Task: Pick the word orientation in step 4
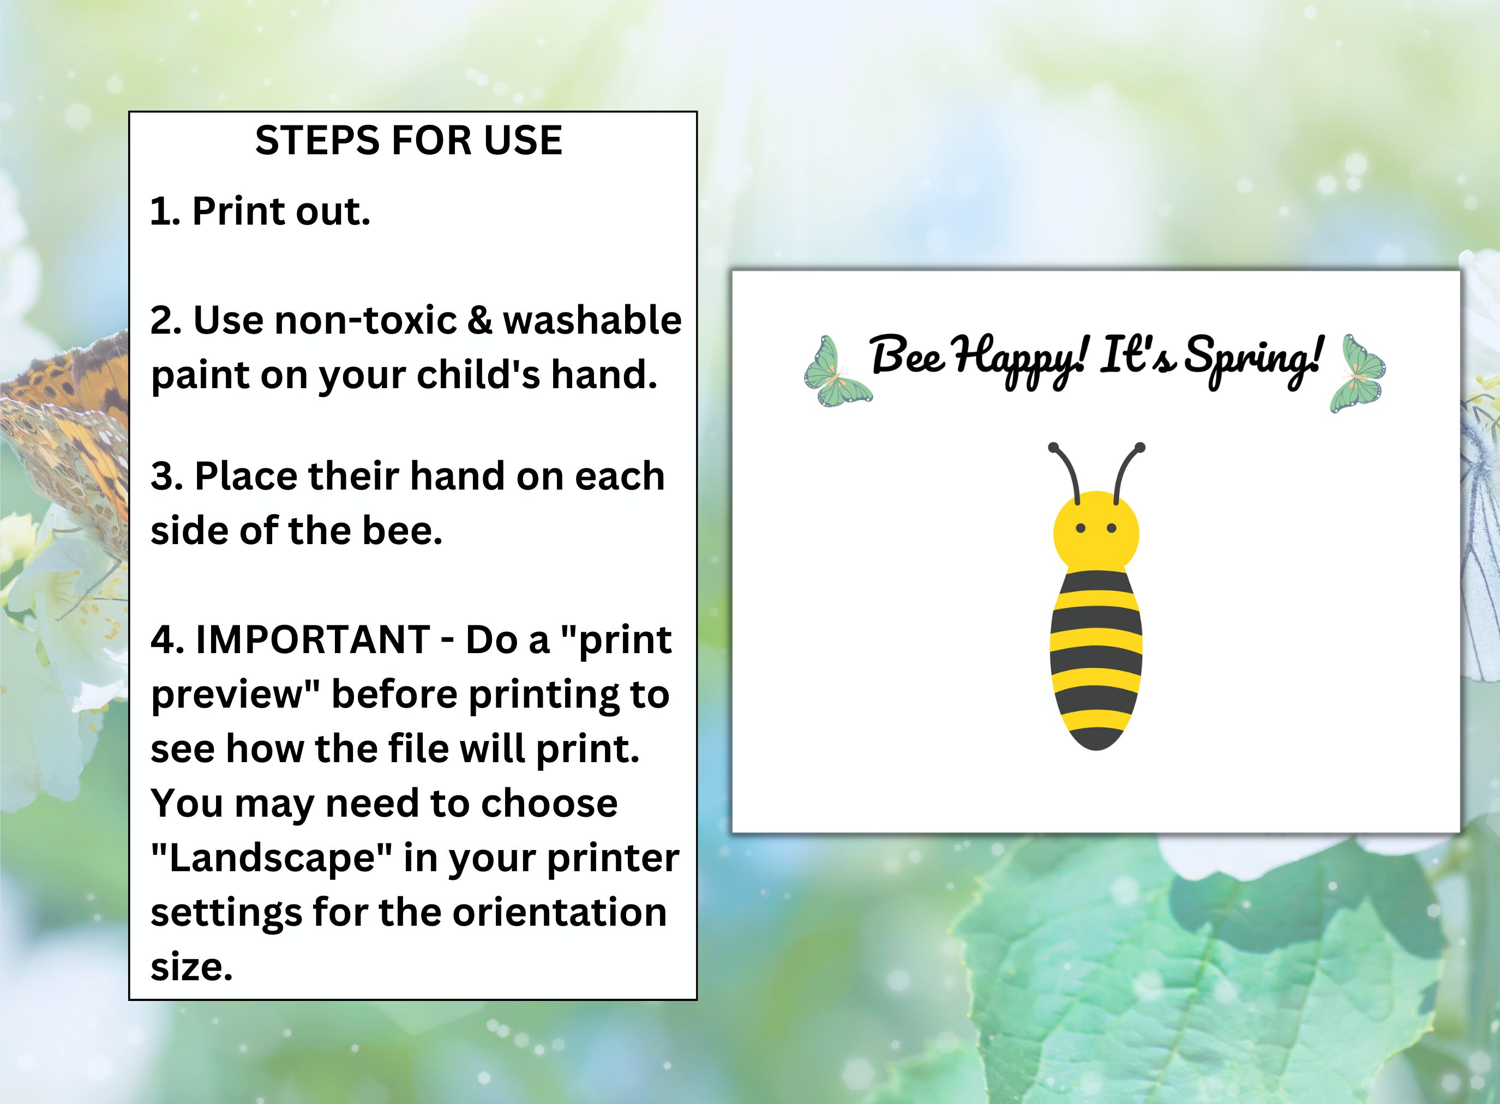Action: tap(560, 912)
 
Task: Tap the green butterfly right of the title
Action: tap(1357, 373)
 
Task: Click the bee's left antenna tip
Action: tap(1053, 447)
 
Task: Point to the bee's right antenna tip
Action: tap(1139, 447)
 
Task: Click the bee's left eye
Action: tap(1080, 529)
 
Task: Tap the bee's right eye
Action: tap(1112, 529)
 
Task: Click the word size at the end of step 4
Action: tap(191, 967)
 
